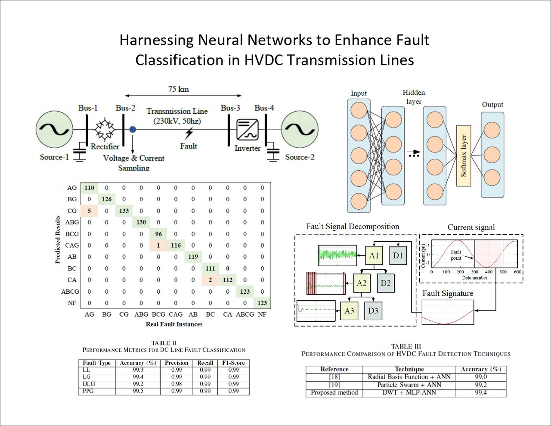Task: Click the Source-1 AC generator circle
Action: (x=54, y=129)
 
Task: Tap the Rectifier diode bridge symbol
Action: (x=105, y=130)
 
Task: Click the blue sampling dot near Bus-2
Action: (x=133, y=129)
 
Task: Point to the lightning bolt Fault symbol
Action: (x=189, y=133)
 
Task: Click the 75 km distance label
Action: (x=178, y=89)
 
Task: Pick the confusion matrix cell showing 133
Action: (x=124, y=211)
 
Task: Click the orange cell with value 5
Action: (x=89, y=211)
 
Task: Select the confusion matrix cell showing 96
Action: (x=158, y=234)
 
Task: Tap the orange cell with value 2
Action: (x=210, y=280)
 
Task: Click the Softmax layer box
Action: (x=464, y=155)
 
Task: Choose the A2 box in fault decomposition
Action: (x=362, y=283)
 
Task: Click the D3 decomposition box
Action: (x=373, y=311)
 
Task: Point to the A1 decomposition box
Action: (x=374, y=255)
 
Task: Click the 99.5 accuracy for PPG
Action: (x=138, y=391)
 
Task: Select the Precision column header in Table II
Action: (x=176, y=363)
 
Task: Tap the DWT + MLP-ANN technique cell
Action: (x=409, y=392)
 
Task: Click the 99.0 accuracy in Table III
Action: (x=481, y=376)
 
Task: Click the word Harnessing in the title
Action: (x=157, y=40)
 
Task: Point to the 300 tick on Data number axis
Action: (x=474, y=272)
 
